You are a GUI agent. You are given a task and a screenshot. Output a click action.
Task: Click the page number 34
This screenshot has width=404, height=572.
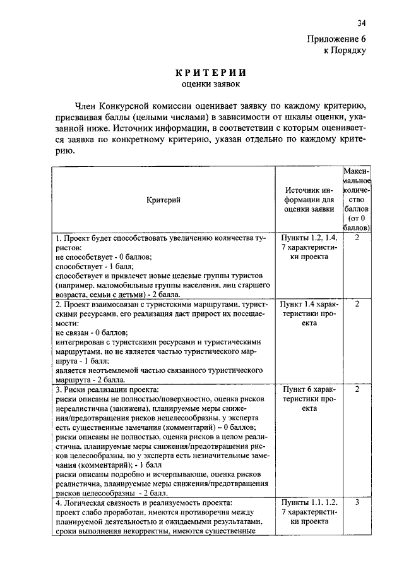point(362,23)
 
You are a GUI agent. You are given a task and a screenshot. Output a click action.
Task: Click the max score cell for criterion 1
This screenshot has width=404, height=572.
point(357,238)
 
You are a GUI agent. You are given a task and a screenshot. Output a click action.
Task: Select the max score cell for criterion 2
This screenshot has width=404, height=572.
point(357,304)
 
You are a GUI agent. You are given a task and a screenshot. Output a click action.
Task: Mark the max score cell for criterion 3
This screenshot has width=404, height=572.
point(357,389)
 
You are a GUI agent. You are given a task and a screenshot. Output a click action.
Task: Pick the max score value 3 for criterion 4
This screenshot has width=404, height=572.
point(357,502)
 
